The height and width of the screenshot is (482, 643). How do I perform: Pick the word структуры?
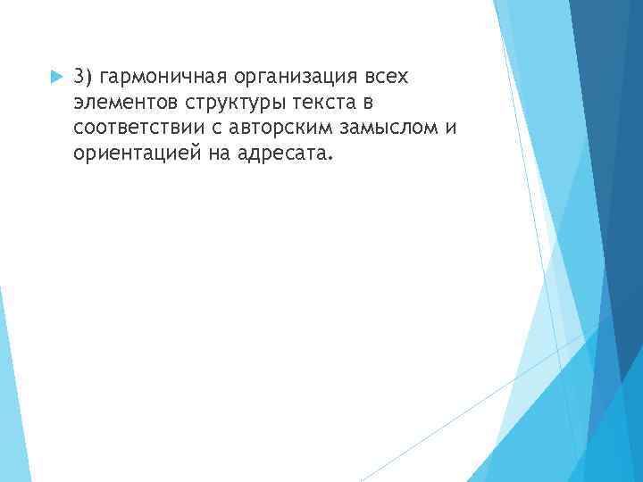pos(224,104)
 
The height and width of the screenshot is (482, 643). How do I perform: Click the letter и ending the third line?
pos(450,129)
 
